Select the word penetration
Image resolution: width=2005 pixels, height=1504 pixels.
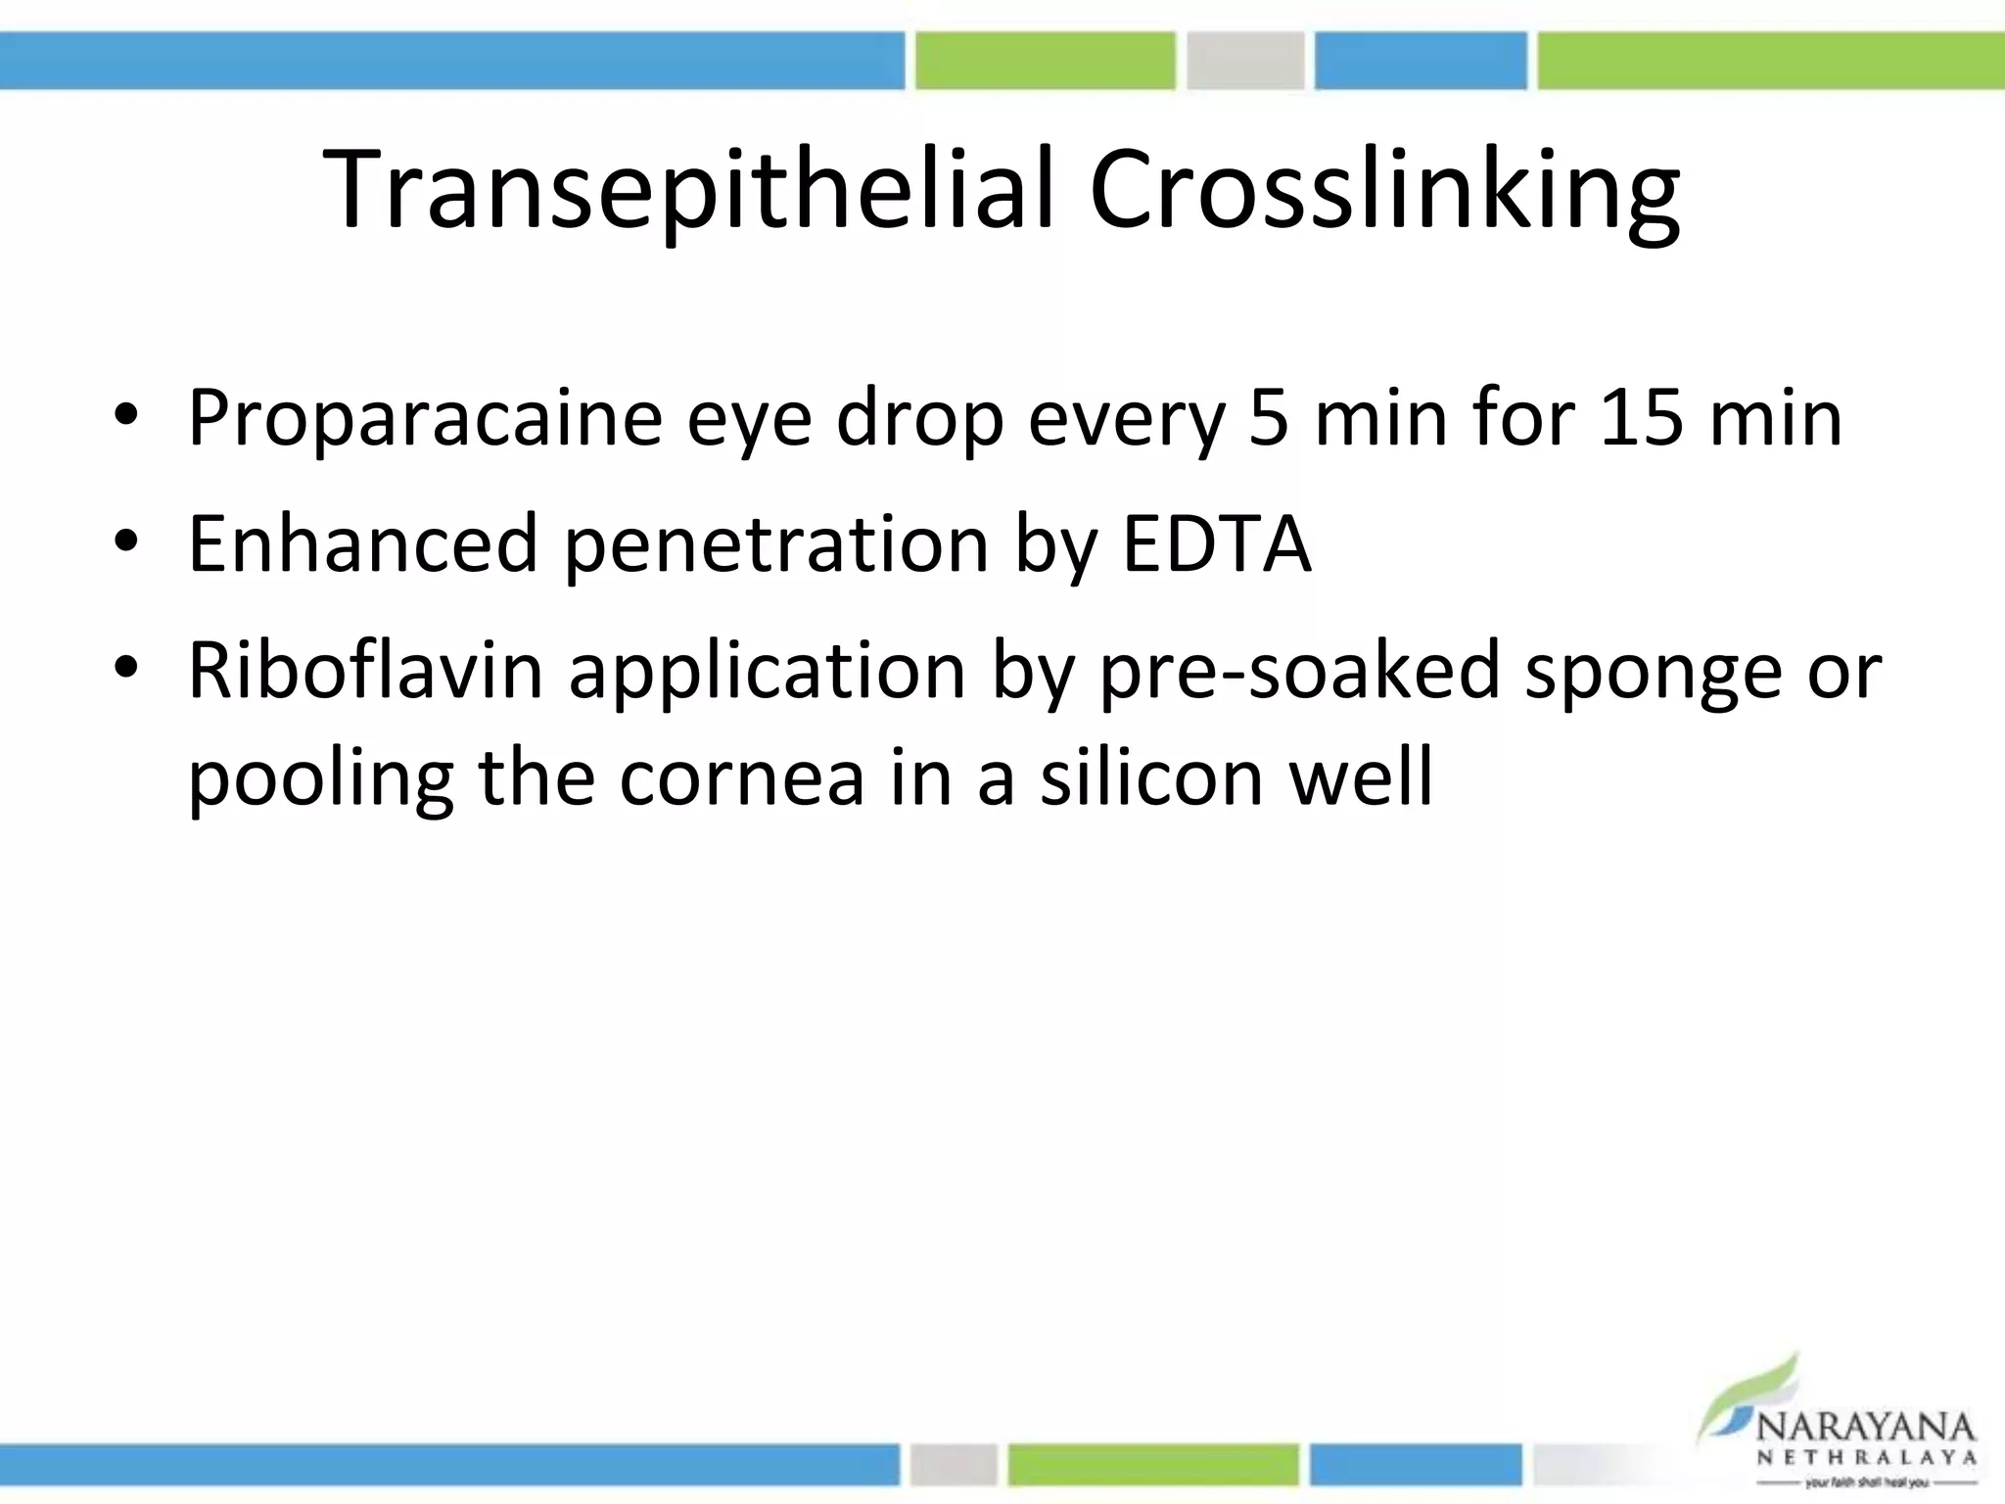tap(776, 544)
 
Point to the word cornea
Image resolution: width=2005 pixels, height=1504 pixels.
tap(742, 776)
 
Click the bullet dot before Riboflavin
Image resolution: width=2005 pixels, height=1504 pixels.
tap(126, 669)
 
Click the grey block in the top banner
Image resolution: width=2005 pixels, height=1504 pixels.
tap(1245, 60)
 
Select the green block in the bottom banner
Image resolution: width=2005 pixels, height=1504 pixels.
tap(1152, 1465)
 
